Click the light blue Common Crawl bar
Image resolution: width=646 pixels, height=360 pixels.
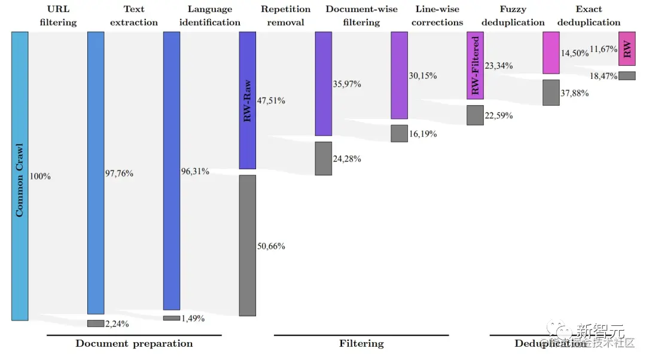[x=20, y=176]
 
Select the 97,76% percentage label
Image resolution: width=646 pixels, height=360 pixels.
[x=119, y=173]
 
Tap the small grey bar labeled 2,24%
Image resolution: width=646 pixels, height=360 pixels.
[x=96, y=324]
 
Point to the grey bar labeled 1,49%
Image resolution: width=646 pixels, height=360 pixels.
[x=172, y=318]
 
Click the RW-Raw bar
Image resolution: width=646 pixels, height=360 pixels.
[x=247, y=100]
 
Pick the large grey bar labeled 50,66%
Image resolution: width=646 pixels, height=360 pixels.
[x=247, y=245]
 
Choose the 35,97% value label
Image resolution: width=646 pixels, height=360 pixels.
[x=347, y=84]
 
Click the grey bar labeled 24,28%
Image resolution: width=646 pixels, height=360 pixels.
[x=324, y=158]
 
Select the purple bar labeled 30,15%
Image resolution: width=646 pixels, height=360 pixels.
[x=399, y=75]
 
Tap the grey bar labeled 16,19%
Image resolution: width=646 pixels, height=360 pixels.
[x=399, y=133]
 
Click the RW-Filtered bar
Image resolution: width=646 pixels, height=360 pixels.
[x=475, y=65]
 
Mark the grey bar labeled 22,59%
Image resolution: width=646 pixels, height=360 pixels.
[x=475, y=115]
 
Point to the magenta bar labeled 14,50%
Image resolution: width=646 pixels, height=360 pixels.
[x=551, y=53]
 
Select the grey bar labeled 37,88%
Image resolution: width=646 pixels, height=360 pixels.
[x=551, y=93]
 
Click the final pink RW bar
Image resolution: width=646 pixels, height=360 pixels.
[x=627, y=48]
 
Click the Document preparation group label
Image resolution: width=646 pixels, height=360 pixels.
[x=134, y=344]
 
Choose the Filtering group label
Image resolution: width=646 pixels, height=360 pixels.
[x=361, y=344]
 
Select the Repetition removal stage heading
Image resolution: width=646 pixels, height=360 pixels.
[x=285, y=16]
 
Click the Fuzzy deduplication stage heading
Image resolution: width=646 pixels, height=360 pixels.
[x=513, y=16]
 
